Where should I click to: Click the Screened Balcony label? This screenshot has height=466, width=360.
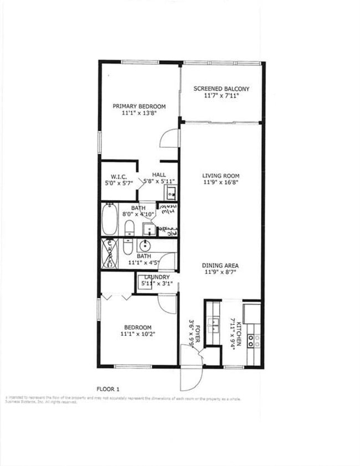click(x=221, y=89)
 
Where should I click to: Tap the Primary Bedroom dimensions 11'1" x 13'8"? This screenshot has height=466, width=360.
click(x=139, y=113)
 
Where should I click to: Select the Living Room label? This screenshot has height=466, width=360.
click(x=220, y=176)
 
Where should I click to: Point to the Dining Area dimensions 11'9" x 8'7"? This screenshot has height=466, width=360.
click(x=220, y=273)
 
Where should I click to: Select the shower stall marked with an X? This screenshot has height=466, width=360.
click(x=109, y=253)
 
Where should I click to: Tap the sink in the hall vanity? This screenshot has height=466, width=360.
click(x=171, y=193)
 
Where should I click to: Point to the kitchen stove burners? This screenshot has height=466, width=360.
click(x=254, y=339)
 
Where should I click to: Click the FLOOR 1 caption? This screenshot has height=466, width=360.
click(x=108, y=388)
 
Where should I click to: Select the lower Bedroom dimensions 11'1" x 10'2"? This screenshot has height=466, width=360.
click(x=138, y=334)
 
